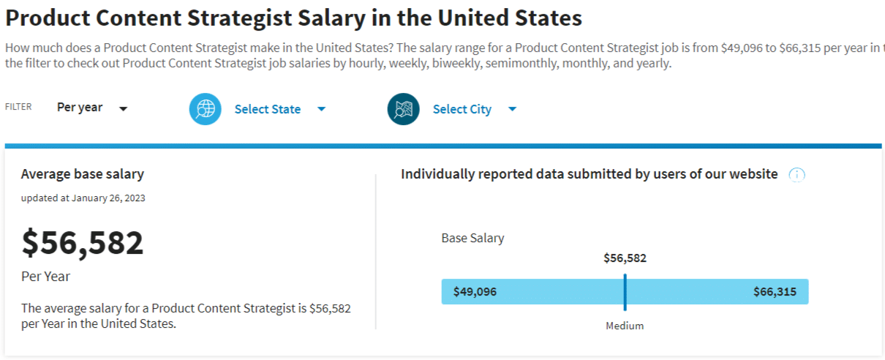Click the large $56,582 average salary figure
click(x=83, y=243)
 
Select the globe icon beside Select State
click(x=206, y=109)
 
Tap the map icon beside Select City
click(x=403, y=109)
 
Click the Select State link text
click(x=267, y=109)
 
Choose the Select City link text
click(x=462, y=109)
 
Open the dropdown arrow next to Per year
click(x=124, y=109)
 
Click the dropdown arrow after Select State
click(x=321, y=109)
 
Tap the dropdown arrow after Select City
click(x=512, y=109)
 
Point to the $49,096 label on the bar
click(x=475, y=292)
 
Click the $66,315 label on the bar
click(x=775, y=292)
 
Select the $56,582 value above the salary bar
click(x=625, y=258)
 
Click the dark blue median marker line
click(x=625, y=292)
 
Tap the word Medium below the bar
click(x=625, y=326)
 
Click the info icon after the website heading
click(x=796, y=175)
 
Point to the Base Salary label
click(x=472, y=238)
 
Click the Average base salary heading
click(x=82, y=174)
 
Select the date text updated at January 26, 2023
click(x=83, y=198)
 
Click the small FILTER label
click(x=18, y=107)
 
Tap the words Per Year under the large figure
click(x=45, y=277)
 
